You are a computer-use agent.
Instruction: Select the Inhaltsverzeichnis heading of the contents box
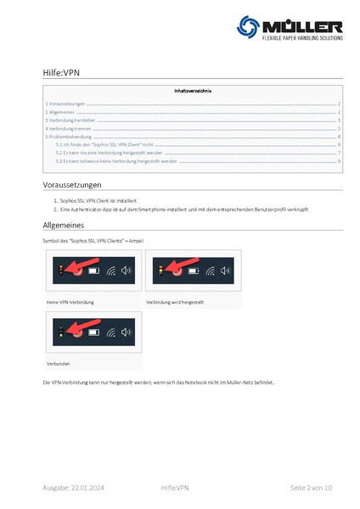[x=193, y=90]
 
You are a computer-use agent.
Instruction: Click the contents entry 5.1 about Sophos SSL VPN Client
[x=104, y=145]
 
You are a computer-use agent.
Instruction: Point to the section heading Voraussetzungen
[x=72, y=185]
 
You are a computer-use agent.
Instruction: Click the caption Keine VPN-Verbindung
[x=70, y=302]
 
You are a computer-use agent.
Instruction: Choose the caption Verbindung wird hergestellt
[x=175, y=302]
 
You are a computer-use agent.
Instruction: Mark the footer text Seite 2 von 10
[x=311, y=488]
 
